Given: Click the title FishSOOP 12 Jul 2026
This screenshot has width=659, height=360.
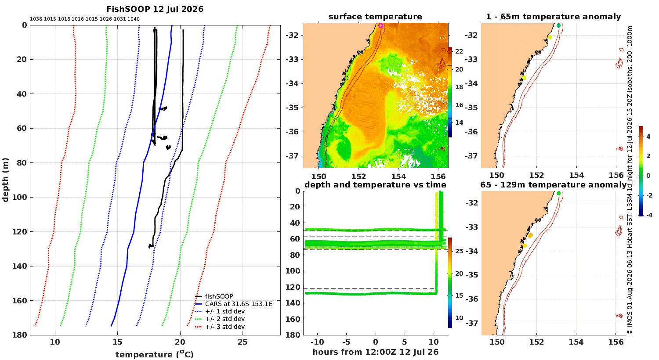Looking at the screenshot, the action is coord(155,9).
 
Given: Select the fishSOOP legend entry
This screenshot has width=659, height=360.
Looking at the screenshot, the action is coord(214,296).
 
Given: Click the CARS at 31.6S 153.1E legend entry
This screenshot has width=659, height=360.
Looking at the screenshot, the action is coord(234,304).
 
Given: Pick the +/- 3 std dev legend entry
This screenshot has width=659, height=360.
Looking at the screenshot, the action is coord(220,327).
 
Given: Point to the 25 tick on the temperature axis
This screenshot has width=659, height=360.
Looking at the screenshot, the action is coord(243,342).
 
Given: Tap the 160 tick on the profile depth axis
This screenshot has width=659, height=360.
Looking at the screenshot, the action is coord(20,301).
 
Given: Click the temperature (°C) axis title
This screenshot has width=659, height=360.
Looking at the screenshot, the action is coord(155,354).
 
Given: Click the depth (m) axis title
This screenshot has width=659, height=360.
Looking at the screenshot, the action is coord(5,180).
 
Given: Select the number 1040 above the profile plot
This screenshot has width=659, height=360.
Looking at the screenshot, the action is coord(133,19).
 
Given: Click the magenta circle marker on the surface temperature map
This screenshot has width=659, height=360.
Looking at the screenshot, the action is coord(380,25).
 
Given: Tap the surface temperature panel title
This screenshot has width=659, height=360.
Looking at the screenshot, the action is coord(375,17).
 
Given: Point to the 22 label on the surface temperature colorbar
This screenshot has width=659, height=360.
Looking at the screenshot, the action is coord(459,51).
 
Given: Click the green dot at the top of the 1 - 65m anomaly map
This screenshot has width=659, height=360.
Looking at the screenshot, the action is coord(558,25).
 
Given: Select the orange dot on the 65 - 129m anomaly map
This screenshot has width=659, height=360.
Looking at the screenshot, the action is coord(530,235).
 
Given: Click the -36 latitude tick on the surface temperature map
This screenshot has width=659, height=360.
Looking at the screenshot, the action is coord(292,132).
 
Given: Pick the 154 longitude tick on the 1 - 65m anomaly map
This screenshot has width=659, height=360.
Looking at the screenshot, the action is coord(576,175).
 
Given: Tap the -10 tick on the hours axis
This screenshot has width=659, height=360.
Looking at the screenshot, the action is coord(318,342).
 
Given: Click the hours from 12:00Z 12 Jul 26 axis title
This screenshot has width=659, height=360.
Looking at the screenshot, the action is coord(375,352).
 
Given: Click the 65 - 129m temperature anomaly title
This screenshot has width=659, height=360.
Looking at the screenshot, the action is coord(554,185).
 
